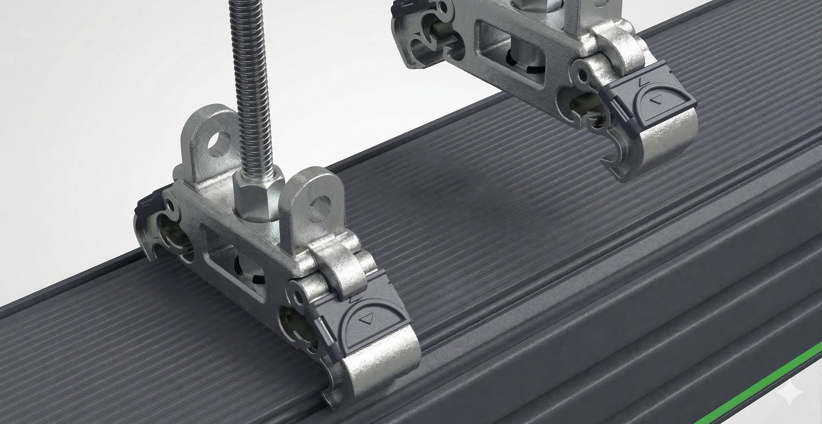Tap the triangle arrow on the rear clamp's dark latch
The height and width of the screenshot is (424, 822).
click(x=658, y=100)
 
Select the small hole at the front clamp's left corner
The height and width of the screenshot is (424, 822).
click(x=171, y=206)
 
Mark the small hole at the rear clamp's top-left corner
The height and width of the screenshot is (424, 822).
click(x=443, y=7)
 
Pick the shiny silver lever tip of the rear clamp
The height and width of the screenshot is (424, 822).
click(x=674, y=140)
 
